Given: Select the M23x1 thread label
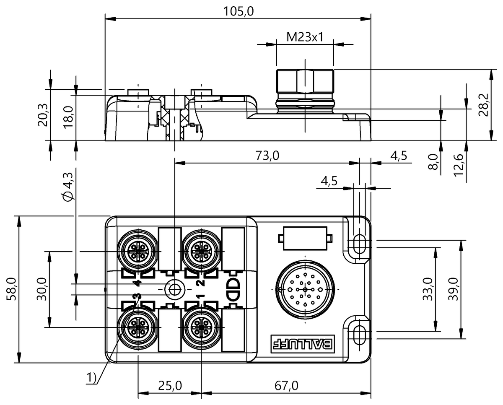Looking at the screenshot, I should click(305, 37).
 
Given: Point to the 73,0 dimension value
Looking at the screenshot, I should click(267, 156).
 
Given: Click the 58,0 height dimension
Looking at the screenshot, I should click(11, 289).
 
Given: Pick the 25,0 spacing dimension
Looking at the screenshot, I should click(170, 386).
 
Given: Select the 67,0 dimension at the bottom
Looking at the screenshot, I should click(286, 386).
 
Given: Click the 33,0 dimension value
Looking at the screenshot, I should click(428, 289).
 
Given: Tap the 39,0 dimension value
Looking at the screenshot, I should click(452, 289).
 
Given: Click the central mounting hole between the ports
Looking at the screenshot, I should click(174, 289).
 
